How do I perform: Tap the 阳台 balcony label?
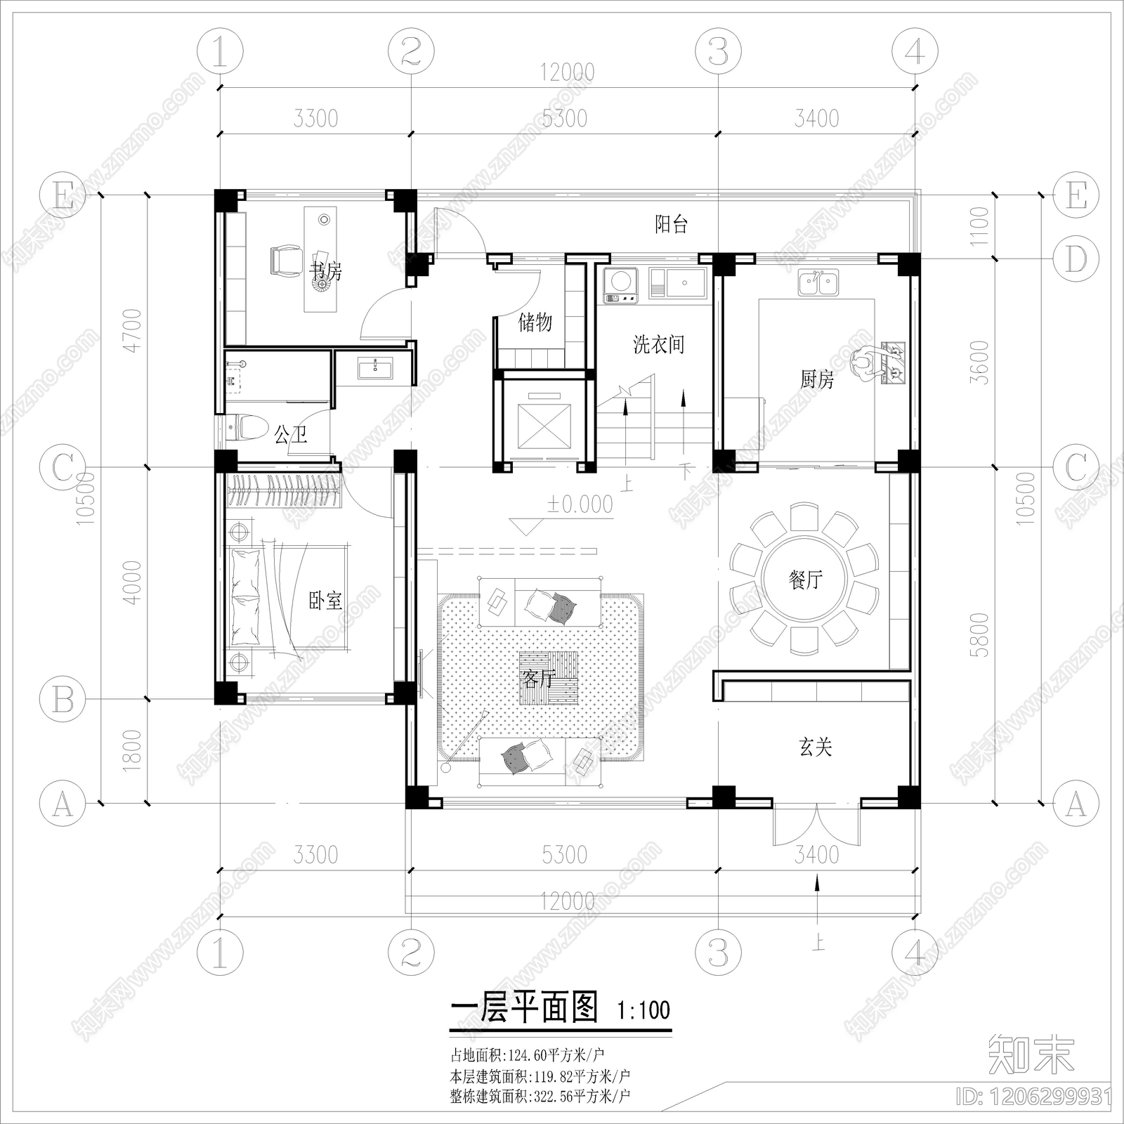pos(671,225)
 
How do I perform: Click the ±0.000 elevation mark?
pos(580,504)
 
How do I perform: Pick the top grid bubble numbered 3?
pos(717,51)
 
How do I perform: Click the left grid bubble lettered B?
pos(63,699)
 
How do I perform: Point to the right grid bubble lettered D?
pos(1076,259)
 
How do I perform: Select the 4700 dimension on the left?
pos(133,330)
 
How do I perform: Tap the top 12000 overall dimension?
pos(567,72)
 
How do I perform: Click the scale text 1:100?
pos(643,1010)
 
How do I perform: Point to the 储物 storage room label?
pos(535,322)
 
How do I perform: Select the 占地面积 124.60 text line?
pos(527,1054)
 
